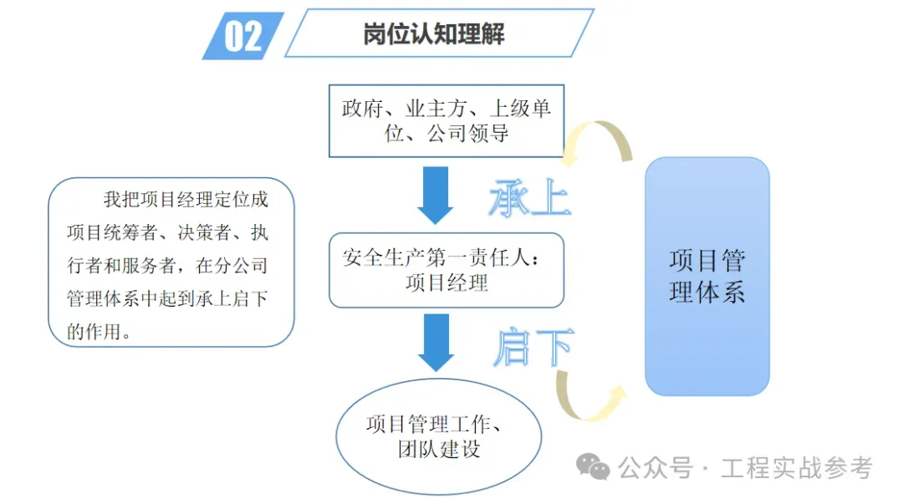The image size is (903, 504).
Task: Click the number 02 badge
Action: tap(243, 36)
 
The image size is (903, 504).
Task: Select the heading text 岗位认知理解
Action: tap(434, 34)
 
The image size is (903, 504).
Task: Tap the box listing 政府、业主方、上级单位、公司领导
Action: tap(446, 121)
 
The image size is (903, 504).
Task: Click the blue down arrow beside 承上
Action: tap(436, 196)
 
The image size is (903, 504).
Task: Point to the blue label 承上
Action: tap(529, 197)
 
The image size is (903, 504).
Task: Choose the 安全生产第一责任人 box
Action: tap(446, 270)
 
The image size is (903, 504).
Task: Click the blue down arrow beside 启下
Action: tap(436, 343)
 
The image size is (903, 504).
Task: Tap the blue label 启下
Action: tap(533, 347)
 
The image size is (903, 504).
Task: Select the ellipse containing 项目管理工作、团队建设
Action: tap(439, 436)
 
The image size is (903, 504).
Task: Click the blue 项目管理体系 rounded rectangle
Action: tap(707, 277)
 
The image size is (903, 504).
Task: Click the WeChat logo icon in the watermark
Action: tap(593, 466)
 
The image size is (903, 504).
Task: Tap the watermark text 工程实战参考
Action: tap(797, 467)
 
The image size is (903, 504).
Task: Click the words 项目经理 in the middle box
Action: tap(446, 283)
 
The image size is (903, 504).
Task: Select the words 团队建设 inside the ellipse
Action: tap(439, 449)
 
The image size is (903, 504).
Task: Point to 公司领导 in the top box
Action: tap(467, 134)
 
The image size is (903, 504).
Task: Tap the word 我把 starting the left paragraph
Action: tap(121, 199)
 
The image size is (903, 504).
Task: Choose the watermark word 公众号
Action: tap(656, 467)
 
